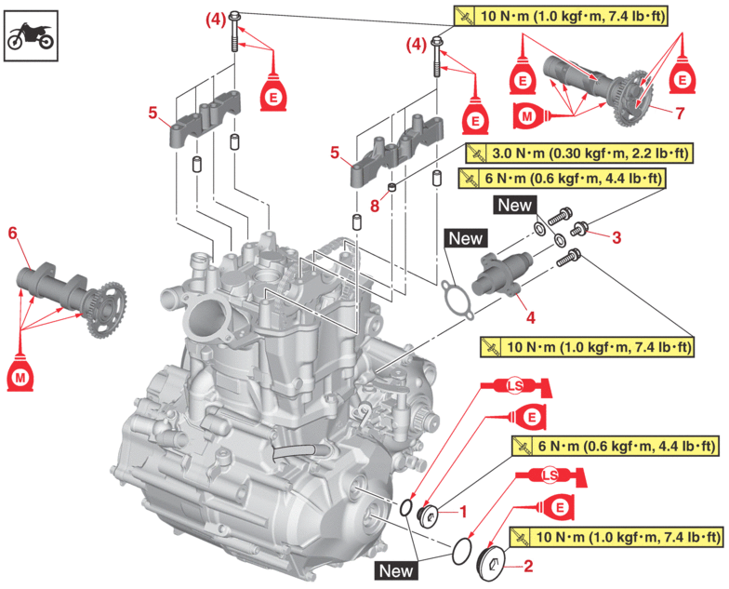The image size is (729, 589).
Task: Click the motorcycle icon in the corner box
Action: (30, 35)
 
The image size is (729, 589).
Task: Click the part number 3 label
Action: (616, 236)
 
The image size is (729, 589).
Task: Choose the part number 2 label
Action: (527, 564)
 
